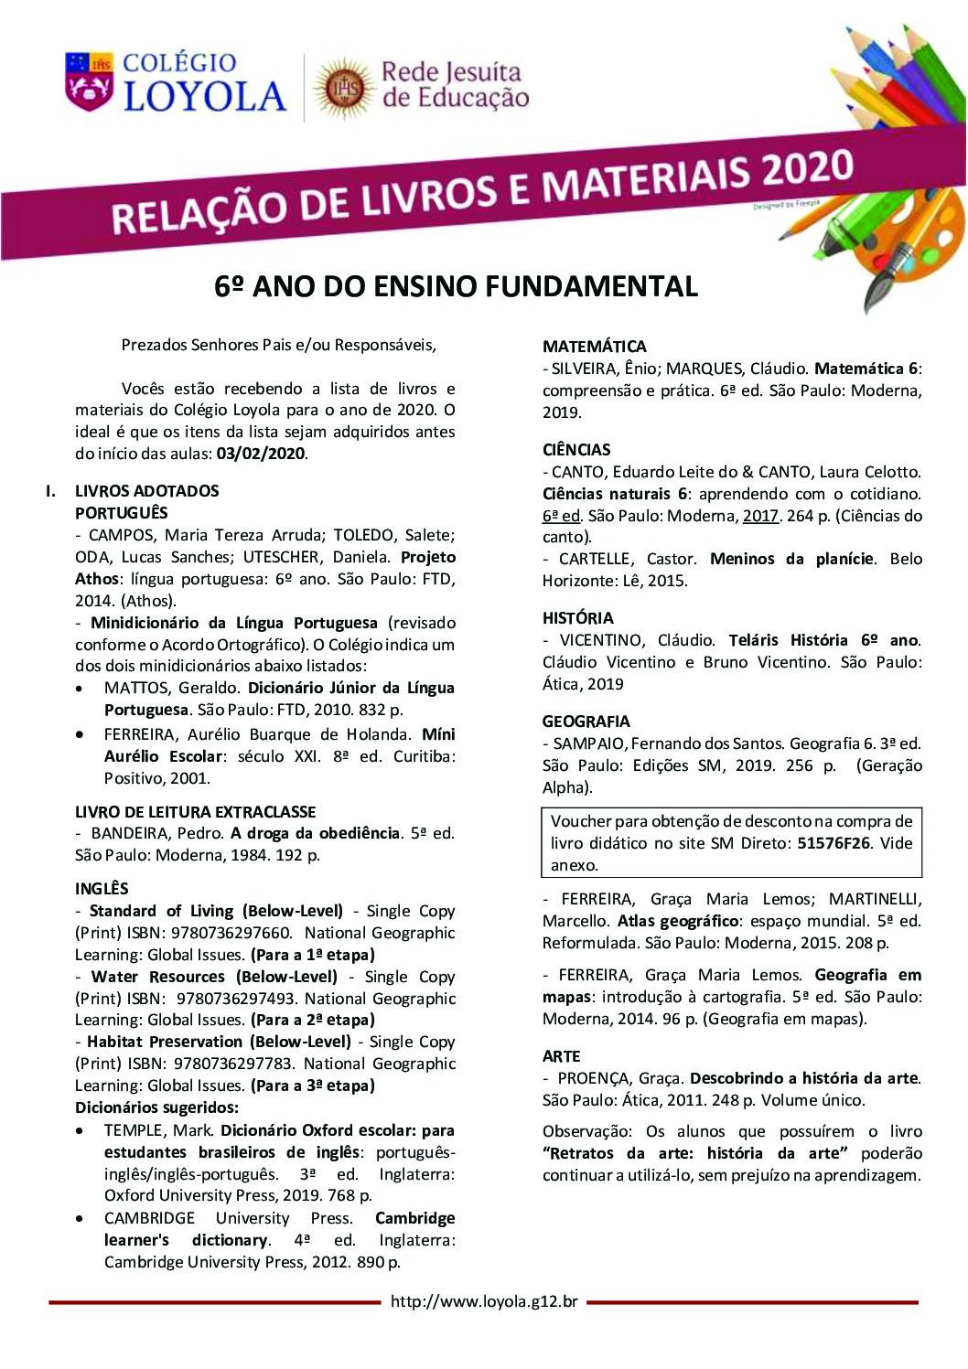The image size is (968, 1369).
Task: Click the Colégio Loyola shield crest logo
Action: point(89,80)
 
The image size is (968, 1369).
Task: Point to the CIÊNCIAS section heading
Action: point(576,450)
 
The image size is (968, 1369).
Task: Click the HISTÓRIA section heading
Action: point(577,618)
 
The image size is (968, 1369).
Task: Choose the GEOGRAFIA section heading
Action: point(586,722)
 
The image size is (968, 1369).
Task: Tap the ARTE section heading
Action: point(561,1056)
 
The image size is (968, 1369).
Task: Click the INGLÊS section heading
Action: point(102,889)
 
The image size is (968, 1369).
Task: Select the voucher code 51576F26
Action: point(835,843)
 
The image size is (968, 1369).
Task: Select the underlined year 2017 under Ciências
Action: point(761,516)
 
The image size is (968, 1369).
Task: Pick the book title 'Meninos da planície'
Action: point(791,559)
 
